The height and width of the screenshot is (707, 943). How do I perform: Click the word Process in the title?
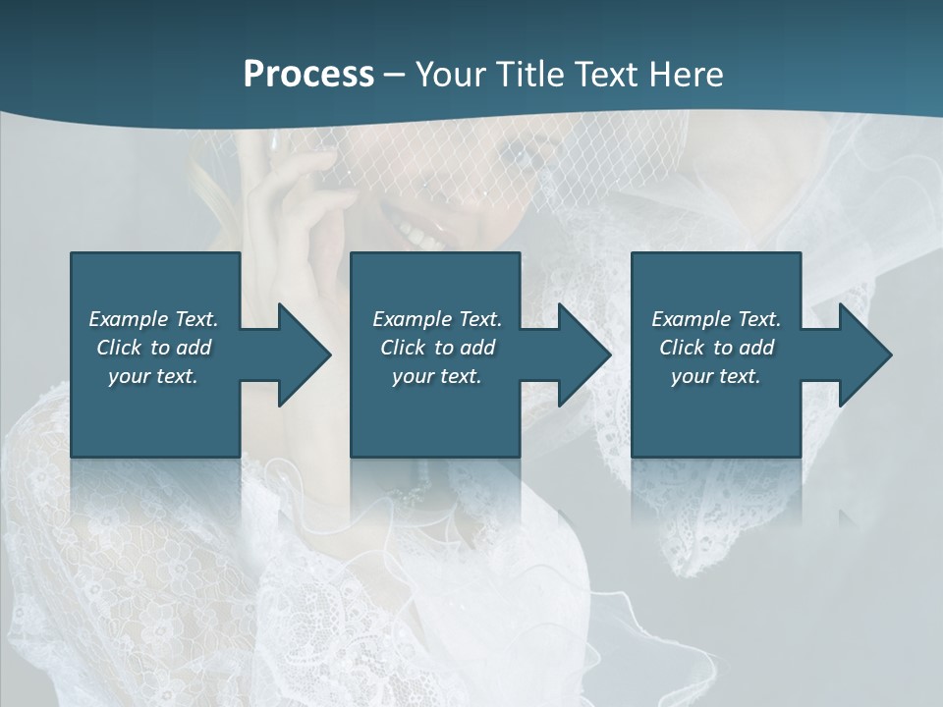[x=308, y=74]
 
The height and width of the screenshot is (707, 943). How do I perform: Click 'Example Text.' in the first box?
[x=153, y=319]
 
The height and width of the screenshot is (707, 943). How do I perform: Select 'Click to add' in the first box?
[x=153, y=348]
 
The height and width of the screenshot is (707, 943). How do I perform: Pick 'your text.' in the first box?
[x=153, y=376]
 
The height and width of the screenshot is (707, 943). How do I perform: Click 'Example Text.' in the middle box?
[x=436, y=319]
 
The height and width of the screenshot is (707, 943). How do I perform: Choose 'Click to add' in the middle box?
[x=436, y=348]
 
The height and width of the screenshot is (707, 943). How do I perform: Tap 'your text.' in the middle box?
[x=436, y=376]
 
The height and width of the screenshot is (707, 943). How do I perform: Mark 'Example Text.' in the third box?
[x=716, y=319]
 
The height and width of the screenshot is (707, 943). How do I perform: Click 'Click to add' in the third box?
[x=716, y=348]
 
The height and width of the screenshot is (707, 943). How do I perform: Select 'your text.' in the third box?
[x=716, y=376]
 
